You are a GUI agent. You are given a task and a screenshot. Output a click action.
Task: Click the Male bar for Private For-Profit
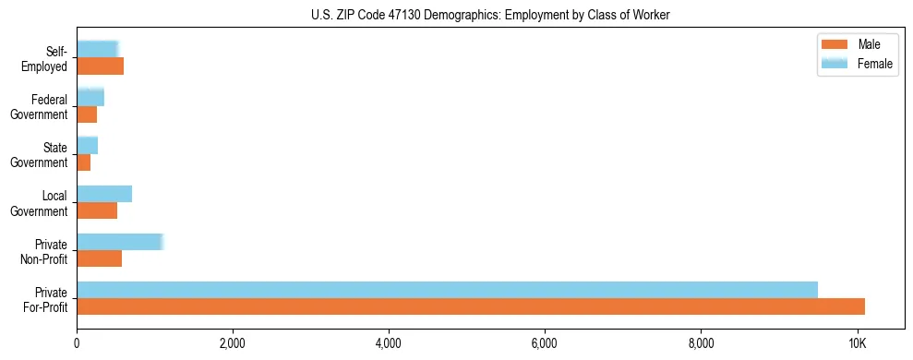(471, 306)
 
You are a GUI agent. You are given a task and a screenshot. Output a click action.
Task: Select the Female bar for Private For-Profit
(447, 290)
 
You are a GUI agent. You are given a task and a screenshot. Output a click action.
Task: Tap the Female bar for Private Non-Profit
(120, 242)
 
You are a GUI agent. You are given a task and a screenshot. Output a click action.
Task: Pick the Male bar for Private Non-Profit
(100, 258)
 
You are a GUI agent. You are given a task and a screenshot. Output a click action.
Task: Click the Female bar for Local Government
(104, 194)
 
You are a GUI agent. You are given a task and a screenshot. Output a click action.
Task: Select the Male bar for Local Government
(97, 210)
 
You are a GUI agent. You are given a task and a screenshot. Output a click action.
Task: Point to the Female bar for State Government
(88, 146)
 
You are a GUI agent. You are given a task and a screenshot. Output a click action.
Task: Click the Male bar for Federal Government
(87, 114)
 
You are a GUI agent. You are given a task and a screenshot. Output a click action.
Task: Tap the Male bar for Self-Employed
(100, 66)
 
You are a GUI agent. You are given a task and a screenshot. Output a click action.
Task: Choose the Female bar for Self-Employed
(98, 49)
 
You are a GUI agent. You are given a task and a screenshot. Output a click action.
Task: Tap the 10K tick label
(858, 343)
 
